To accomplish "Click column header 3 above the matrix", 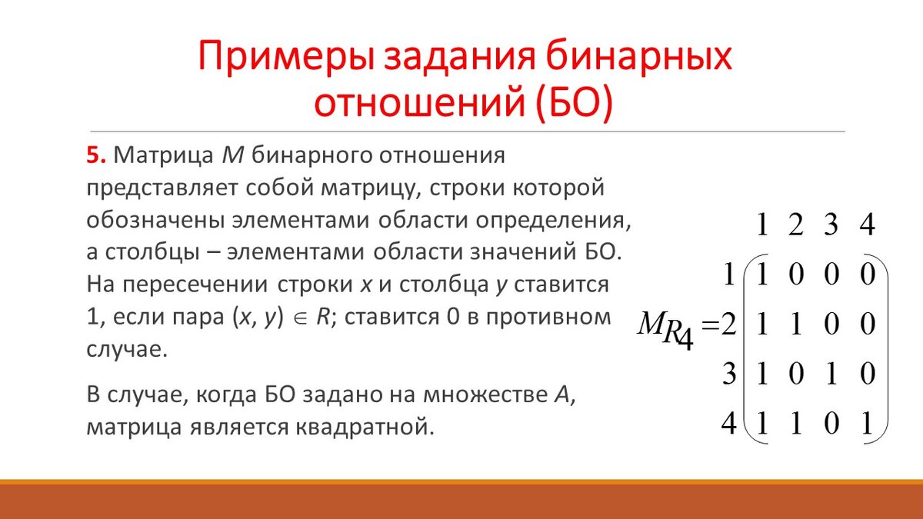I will (x=831, y=225).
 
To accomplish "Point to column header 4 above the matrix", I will (x=867, y=225).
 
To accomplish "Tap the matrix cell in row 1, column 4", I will (x=867, y=275).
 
